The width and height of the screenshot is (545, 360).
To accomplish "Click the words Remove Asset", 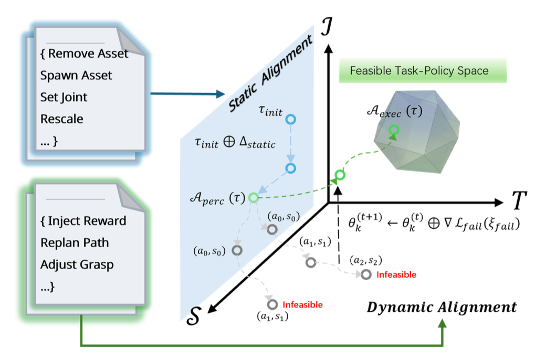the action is (88, 54).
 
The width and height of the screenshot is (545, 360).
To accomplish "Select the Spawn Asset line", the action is (76, 76).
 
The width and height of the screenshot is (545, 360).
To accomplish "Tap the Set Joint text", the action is (64, 97).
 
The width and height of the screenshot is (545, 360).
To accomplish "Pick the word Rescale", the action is (62, 119).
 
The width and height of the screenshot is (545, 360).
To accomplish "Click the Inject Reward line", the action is (87, 221).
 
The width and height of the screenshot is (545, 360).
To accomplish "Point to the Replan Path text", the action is (75, 242).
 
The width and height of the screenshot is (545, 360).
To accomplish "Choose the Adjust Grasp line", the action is (77, 265).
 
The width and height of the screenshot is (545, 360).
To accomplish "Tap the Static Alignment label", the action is (270, 74).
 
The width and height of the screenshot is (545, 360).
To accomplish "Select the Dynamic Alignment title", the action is (442, 307).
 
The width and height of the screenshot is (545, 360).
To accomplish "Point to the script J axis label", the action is (327, 27).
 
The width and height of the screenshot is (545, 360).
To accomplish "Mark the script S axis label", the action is (194, 316).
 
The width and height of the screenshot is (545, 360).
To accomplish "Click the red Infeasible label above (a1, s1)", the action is (302, 305).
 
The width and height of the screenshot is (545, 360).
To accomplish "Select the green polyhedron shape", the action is (416, 131).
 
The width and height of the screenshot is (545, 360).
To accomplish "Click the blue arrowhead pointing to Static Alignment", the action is (221, 94).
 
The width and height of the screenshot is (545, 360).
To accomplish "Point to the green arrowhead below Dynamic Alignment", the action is (442, 323).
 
